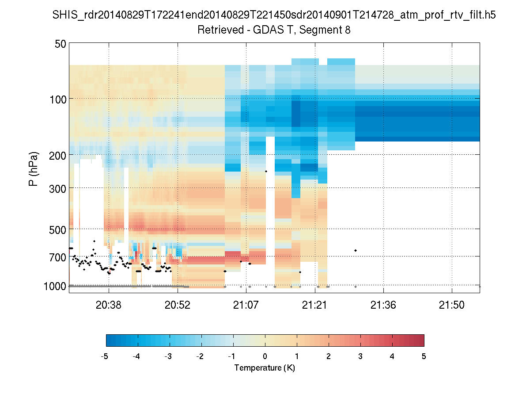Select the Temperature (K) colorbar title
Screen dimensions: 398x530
265,368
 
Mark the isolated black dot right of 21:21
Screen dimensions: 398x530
356,251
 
